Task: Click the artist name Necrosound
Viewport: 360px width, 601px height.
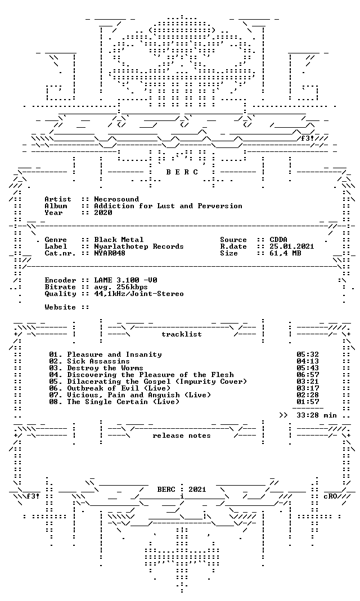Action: pos(116,199)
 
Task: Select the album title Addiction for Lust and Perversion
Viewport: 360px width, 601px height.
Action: pos(168,206)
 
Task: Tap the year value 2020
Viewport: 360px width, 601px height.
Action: pos(103,213)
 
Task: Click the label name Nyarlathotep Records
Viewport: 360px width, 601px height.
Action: pos(138,246)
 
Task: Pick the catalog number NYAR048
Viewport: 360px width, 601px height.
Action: pos(110,253)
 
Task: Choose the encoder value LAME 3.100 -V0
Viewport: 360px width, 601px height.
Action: pos(125,280)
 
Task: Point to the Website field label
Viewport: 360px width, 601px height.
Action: pos(60,307)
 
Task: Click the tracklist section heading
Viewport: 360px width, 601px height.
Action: pos(182,334)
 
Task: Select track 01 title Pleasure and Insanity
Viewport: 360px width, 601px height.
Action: pos(115,355)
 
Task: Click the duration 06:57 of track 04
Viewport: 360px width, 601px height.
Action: pos(308,375)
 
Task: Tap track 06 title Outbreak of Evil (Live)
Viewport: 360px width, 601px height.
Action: pos(119,388)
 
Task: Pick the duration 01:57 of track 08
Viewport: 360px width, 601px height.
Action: pos(308,402)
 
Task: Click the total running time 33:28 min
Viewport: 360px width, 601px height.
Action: pos(316,415)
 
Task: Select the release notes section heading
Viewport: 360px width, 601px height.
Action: pos(182,436)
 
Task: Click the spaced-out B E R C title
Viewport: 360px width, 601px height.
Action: pos(182,172)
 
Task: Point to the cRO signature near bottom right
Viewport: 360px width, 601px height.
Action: pos(331,496)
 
